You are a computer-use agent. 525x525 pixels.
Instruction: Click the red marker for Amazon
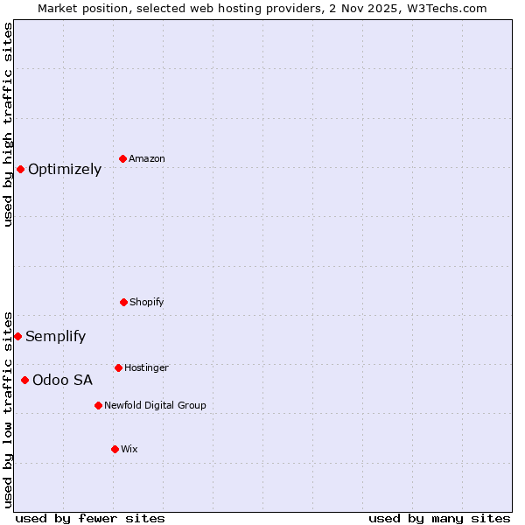click(x=122, y=158)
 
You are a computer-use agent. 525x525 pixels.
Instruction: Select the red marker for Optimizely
click(x=20, y=169)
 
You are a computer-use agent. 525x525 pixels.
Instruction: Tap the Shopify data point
click(x=123, y=302)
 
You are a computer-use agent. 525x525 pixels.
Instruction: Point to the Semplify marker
click(x=17, y=336)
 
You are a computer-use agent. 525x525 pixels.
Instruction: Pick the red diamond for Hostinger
click(x=118, y=367)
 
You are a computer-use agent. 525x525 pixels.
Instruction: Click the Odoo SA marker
click(x=24, y=380)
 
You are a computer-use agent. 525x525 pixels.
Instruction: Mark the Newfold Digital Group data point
click(x=98, y=405)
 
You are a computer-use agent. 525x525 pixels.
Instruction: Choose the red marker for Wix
click(x=115, y=449)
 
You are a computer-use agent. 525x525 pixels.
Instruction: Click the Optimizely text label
click(x=65, y=170)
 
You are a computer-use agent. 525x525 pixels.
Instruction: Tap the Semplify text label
click(x=56, y=337)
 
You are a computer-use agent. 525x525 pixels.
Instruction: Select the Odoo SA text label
click(x=62, y=381)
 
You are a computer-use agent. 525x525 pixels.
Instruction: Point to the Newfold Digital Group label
click(x=155, y=405)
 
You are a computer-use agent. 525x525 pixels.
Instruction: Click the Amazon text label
click(x=147, y=158)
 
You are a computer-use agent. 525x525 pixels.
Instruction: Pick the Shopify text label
click(x=147, y=302)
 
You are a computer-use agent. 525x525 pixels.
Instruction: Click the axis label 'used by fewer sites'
click(x=90, y=518)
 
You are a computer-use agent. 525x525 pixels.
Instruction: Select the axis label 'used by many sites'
click(x=439, y=518)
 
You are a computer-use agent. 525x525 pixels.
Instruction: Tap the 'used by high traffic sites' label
click(x=9, y=124)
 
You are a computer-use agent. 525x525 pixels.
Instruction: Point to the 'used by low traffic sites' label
click(x=9, y=409)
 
